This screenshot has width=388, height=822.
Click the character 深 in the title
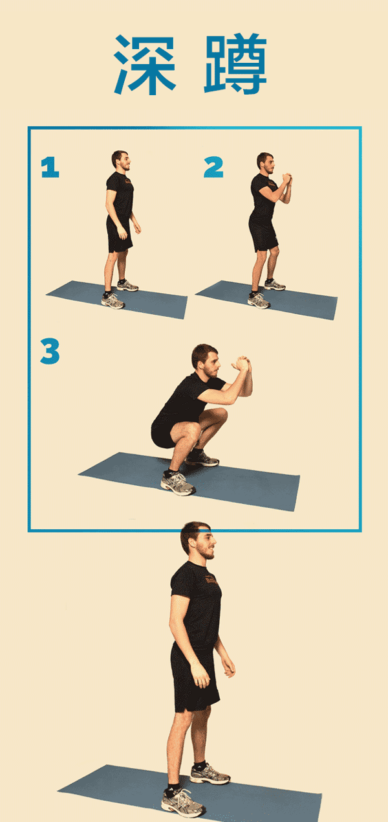pyautogui.click(x=145, y=65)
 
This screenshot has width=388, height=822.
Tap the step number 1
pyautogui.click(x=50, y=167)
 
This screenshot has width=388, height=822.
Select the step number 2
pyautogui.click(x=213, y=167)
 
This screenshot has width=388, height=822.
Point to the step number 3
pyautogui.click(x=50, y=351)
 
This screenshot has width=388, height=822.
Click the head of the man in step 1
pyautogui.click(x=121, y=161)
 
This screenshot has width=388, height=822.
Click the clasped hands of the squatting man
pyautogui.click(x=241, y=364)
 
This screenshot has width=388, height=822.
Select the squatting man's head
pyautogui.click(x=206, y=361)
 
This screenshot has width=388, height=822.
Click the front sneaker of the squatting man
pyautogui.click(x=178, y=483)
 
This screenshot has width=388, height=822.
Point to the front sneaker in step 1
pyautogui.click(x=113, y=301)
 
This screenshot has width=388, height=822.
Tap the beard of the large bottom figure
pyautogui.click(x=206, y=551)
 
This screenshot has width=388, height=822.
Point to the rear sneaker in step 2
pyautogui.click(x=275, y=284)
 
